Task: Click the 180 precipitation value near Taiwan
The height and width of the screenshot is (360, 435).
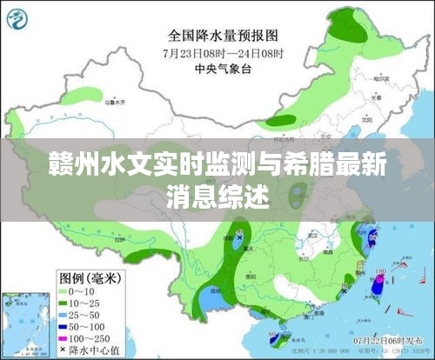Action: [x=380, y=272]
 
